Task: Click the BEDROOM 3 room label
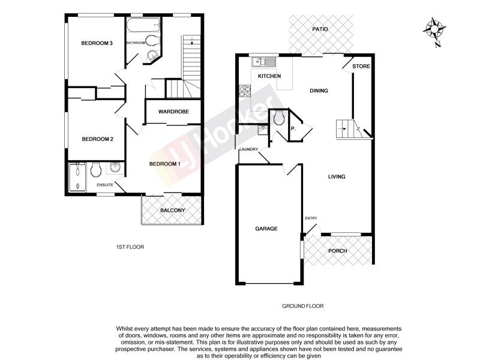[x=97, y=43]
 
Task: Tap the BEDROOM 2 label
[x=97, y=139]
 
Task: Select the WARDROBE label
[x=173, y=112]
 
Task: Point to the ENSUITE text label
[x=106, y=185]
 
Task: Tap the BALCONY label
[x=172, y=211]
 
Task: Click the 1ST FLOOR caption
[x=130, y=247]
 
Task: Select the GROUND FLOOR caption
[x=303, y=305]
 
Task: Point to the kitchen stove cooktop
[x=245, y=91]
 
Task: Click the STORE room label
[x=361, y=66]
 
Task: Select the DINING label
[x=319, y=91]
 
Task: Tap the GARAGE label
[x=266, y=228]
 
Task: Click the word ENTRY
[x=311, y=218]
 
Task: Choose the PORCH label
[x=337, y=250]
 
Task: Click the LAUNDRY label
[x=248, y=149]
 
